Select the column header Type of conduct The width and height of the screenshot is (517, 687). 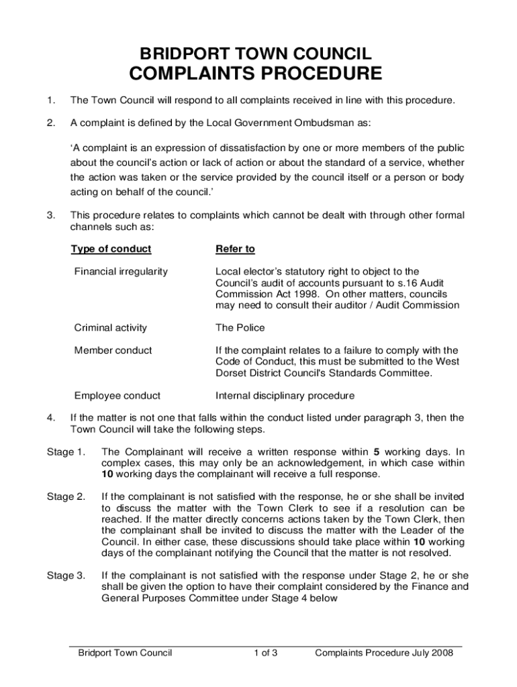click(111, 249)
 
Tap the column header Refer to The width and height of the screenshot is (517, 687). click(235, 249)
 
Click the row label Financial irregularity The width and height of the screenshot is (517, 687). click(121, 272)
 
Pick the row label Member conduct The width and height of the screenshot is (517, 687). click(113, 350)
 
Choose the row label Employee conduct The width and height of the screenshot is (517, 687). click(117, 395)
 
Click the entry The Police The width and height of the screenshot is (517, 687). click(240, 327)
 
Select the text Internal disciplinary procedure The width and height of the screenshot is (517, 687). click(285, 395)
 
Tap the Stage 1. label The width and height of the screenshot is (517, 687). click(66, 452)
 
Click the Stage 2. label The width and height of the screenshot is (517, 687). click(66, 496)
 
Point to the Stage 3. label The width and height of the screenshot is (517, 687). click(66, 575)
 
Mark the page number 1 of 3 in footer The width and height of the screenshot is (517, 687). click(266, 653)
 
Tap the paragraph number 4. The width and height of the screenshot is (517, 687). click(51, 417)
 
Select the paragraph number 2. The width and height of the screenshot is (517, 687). click(51, 123)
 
